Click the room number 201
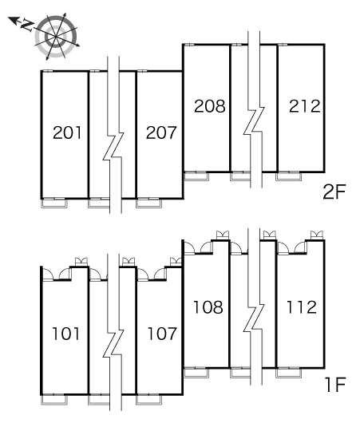pyautogui.click(x=67, y=132)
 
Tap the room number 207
pyautogui.click(x=160, y=132)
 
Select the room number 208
pyautogui.click(x=210, y=106)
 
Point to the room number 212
pyautogui.click(x=304, y=106)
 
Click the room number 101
pyautogui.click(x=65, y=334)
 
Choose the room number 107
pyautogui.click(x=162, y=334)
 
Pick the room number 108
pyautogui.click(x=208, y=307)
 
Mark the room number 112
pyautogui.click(x=302, y=307)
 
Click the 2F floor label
pyautogui.click(x=334, y=192)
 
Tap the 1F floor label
pyautogui.click(x=335, y=385)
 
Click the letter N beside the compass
pyautogui.click(x=26, y=25)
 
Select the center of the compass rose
pyautogui.click(x=56, y=36)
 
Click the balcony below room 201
pyautogui.click(x=54, y=204)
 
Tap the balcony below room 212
pyautogui.click(x=288, y=176)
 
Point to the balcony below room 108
pyautogui.click(x=196, y=373)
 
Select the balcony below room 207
pyautogui.click(x=148, y=204)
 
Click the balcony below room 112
pyautogui.click(x=288, y=373)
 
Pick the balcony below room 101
pyautogui.click(x=54, y=400)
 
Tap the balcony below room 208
pyautogui.click(x=196, y=176)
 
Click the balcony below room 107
pyautogui.click(x=148, y=400)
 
